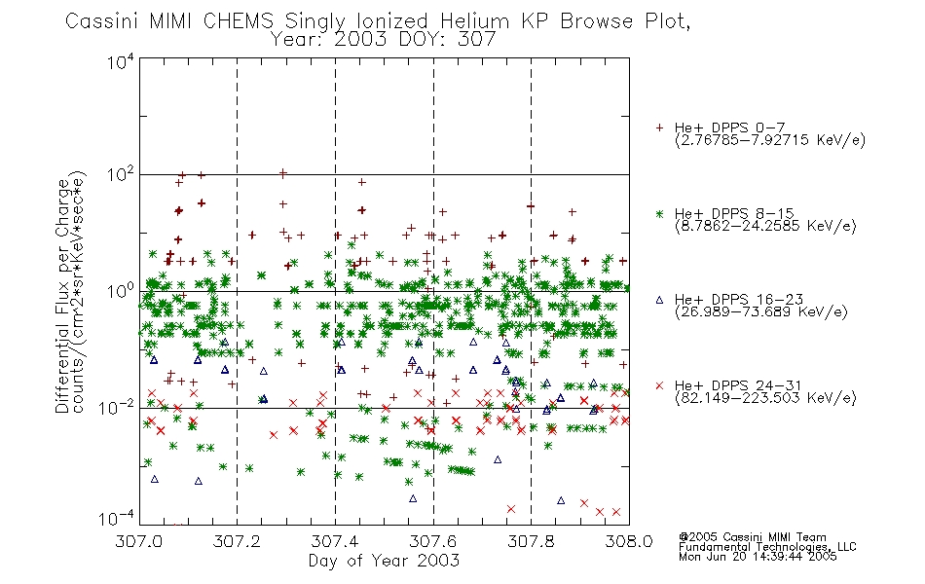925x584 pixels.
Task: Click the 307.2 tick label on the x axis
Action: point(237,541)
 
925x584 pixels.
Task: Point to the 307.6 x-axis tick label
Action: point(433,541)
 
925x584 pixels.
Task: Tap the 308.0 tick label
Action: point(629,541)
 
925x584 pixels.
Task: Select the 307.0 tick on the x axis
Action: point(139,541)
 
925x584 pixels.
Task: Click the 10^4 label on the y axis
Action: point(121,61)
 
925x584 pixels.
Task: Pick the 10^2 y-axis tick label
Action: point(121,175)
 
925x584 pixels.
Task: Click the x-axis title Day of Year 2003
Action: point(384,561)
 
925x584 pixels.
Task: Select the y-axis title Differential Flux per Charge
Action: point(63,296)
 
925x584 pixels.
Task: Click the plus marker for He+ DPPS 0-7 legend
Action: point(659,128)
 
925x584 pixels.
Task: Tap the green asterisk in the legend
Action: point(659,213)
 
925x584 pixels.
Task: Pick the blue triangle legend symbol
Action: point(659,300)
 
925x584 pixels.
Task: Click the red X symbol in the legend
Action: point(659,385)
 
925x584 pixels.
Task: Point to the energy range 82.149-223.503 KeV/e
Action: point(765,398)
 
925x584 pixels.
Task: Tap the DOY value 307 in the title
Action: point(476,40)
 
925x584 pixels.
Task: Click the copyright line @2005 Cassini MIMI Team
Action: point(752,537)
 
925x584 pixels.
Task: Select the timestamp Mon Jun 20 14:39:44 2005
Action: point(758,557)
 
